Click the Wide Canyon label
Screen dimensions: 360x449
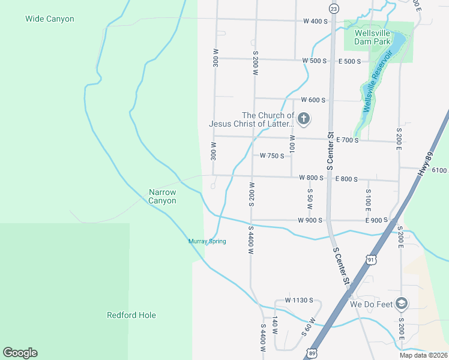pyautogui.click(x=50, y=19)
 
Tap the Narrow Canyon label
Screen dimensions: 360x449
pyautogui.click(x=163, y=196)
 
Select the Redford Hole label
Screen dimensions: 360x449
pyautogui.click(x=131, y=315)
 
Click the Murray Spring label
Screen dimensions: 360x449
pyautogui.click(x=207, y=241)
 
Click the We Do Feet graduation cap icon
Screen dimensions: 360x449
pyautogui.click(x=402, y=304)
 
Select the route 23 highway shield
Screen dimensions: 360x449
pyautogui.click(x=334, y=8)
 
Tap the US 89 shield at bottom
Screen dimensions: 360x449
pyautogui.click(x=311, y=353)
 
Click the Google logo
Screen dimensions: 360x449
pyautogui.click(x=20, y=353)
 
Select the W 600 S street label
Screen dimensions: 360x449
pyautogui.click(x=314, y=100)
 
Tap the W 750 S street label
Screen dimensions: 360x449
pyautogui.click(x=272, y=155)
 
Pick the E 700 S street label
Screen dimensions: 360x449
pyautogui.click(x=348, y=140)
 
